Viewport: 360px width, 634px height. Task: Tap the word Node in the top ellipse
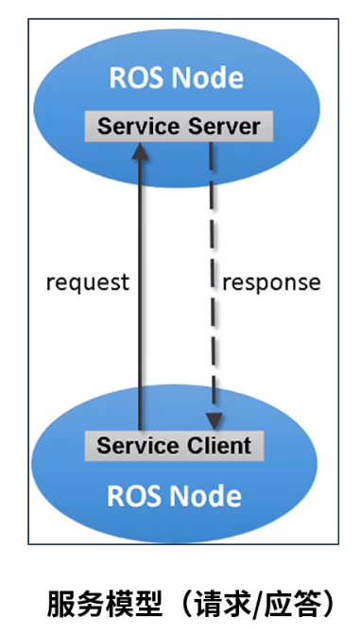[206, 77]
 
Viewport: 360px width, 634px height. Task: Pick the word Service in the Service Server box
[133, 126]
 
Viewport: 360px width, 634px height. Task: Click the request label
[87, 282]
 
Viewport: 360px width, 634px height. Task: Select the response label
[271, 282]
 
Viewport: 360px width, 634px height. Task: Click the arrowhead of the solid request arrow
[142, 151]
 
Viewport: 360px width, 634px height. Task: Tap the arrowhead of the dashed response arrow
[215, 420]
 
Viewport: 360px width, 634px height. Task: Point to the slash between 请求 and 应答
[252, 602]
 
